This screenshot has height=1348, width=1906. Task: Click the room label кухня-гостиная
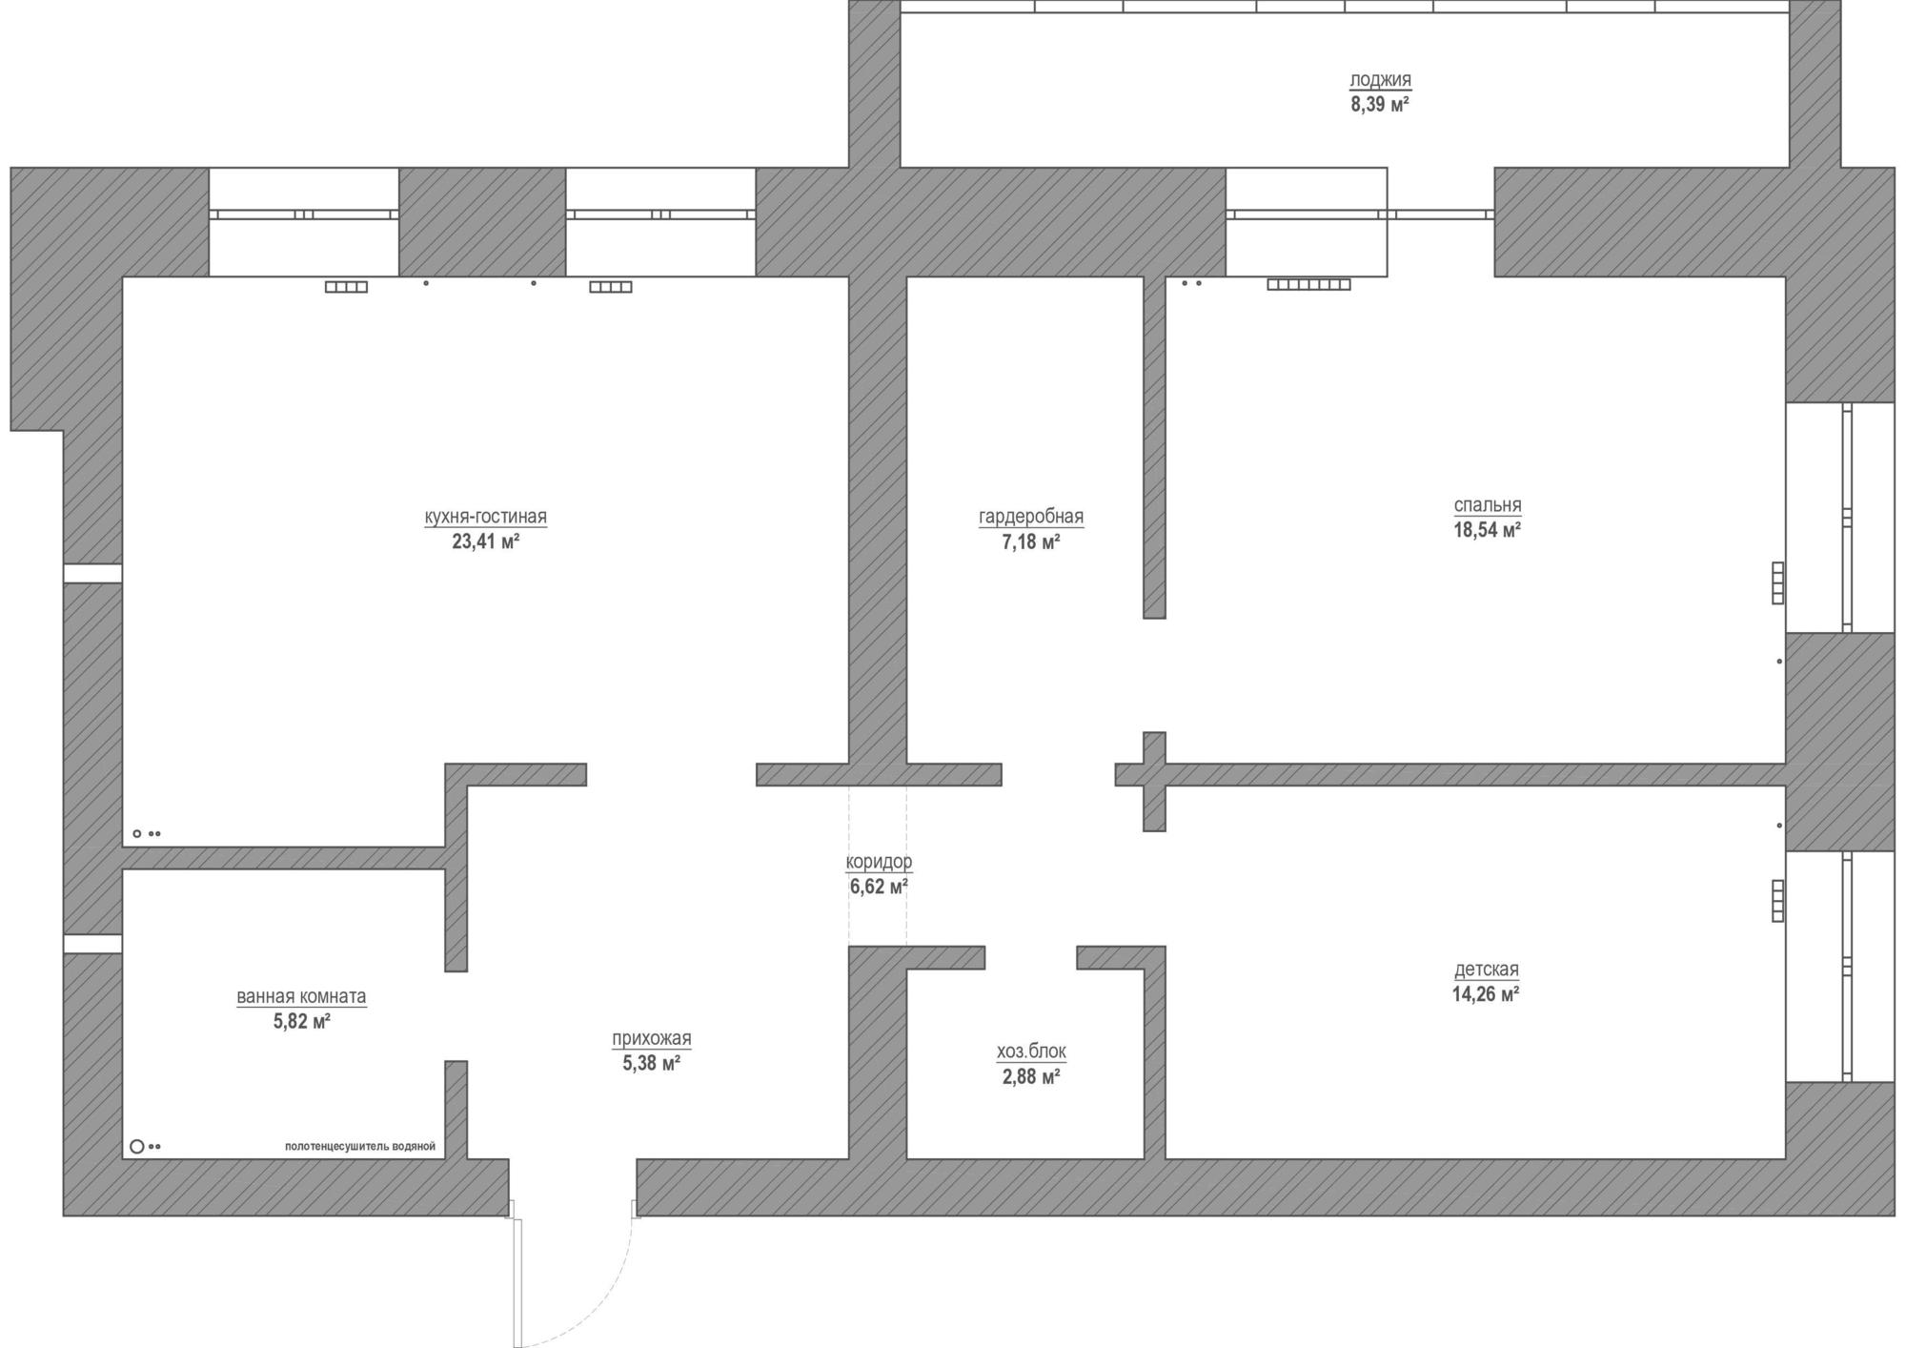click(x=486, y=517)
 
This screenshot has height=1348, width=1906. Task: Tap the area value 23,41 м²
click(x=486, y=542)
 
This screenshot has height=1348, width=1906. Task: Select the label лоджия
click(x=1381, y=80)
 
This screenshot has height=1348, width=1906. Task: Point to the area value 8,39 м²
click(x=1380, y=105)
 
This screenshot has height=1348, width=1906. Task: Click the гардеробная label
click(x=1031, y=517)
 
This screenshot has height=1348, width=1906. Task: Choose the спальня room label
click(x=1488, y=505)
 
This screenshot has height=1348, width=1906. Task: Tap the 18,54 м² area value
click(x=1487, y=530)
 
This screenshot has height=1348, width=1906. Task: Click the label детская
click(x=1487, y=970)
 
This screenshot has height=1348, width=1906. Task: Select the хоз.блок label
click(x=1031, y=1052)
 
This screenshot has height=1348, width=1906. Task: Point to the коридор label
click(x=879, y=862)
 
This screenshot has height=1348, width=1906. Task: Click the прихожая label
click(x=652, y=1038)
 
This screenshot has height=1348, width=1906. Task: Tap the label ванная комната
click(x=301, y=996)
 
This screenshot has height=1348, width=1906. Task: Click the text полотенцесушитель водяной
click(x=360, y=1147)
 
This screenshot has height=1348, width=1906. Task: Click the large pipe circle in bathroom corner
click(x=136, y=1146)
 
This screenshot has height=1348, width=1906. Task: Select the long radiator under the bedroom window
click(x=1308, y=284)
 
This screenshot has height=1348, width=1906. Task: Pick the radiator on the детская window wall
click(x=1777, y=901)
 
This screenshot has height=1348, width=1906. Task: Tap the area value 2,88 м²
click(x=1031, y=1077)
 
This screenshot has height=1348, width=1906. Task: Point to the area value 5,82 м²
click(x=301, y=1022)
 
